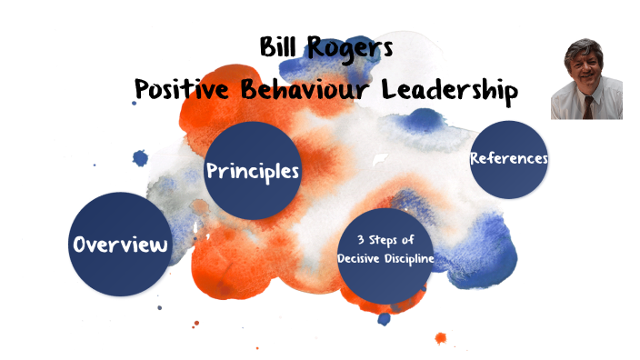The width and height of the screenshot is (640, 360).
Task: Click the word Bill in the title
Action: tap(279, 47)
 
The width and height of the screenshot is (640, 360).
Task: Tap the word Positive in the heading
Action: tap(179, 90)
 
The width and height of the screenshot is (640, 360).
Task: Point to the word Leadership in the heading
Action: tap(449, 90)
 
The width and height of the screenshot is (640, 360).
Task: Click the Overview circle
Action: tap(120, 245)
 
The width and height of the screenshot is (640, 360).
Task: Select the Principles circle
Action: tap(252, 170)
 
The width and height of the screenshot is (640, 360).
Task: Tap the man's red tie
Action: tap(589, 108)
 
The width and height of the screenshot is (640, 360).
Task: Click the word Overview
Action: tap(121, 245)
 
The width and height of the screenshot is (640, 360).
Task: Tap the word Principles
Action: tap(252, 171)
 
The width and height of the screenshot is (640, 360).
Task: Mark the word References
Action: tap(509, 158)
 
